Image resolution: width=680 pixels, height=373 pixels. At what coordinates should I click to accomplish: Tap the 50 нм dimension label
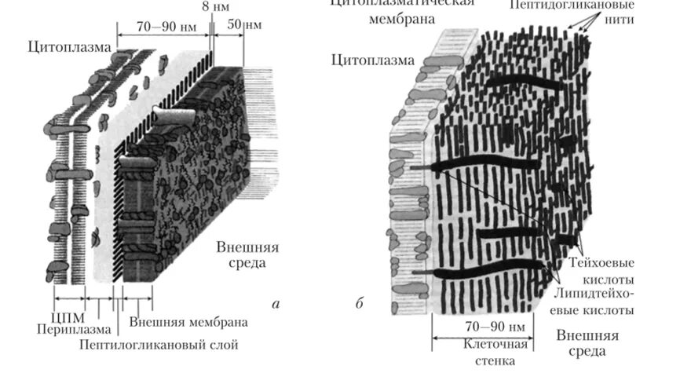coord(244,24)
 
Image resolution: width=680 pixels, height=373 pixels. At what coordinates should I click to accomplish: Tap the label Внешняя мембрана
coord(188,323)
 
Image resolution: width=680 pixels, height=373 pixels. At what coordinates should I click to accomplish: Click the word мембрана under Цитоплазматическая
coord(401,17)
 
